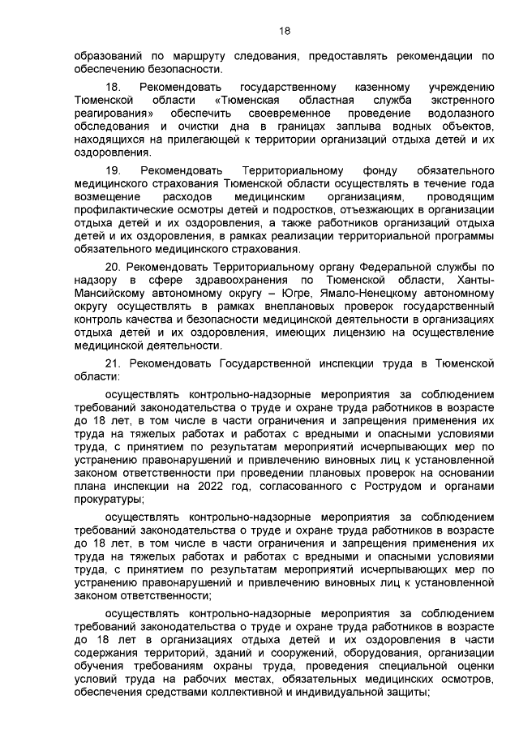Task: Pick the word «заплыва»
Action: point(332,128)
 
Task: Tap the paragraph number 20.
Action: point(114,267)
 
